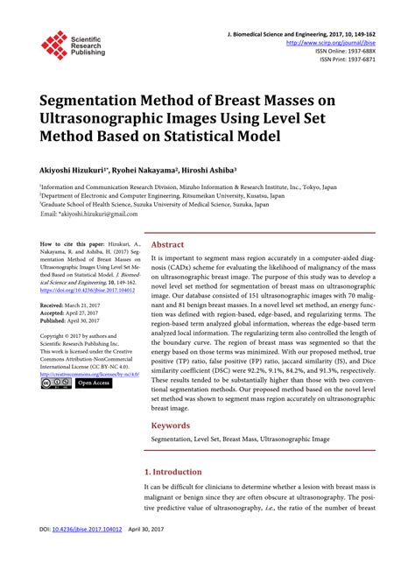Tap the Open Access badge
(94, 383)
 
